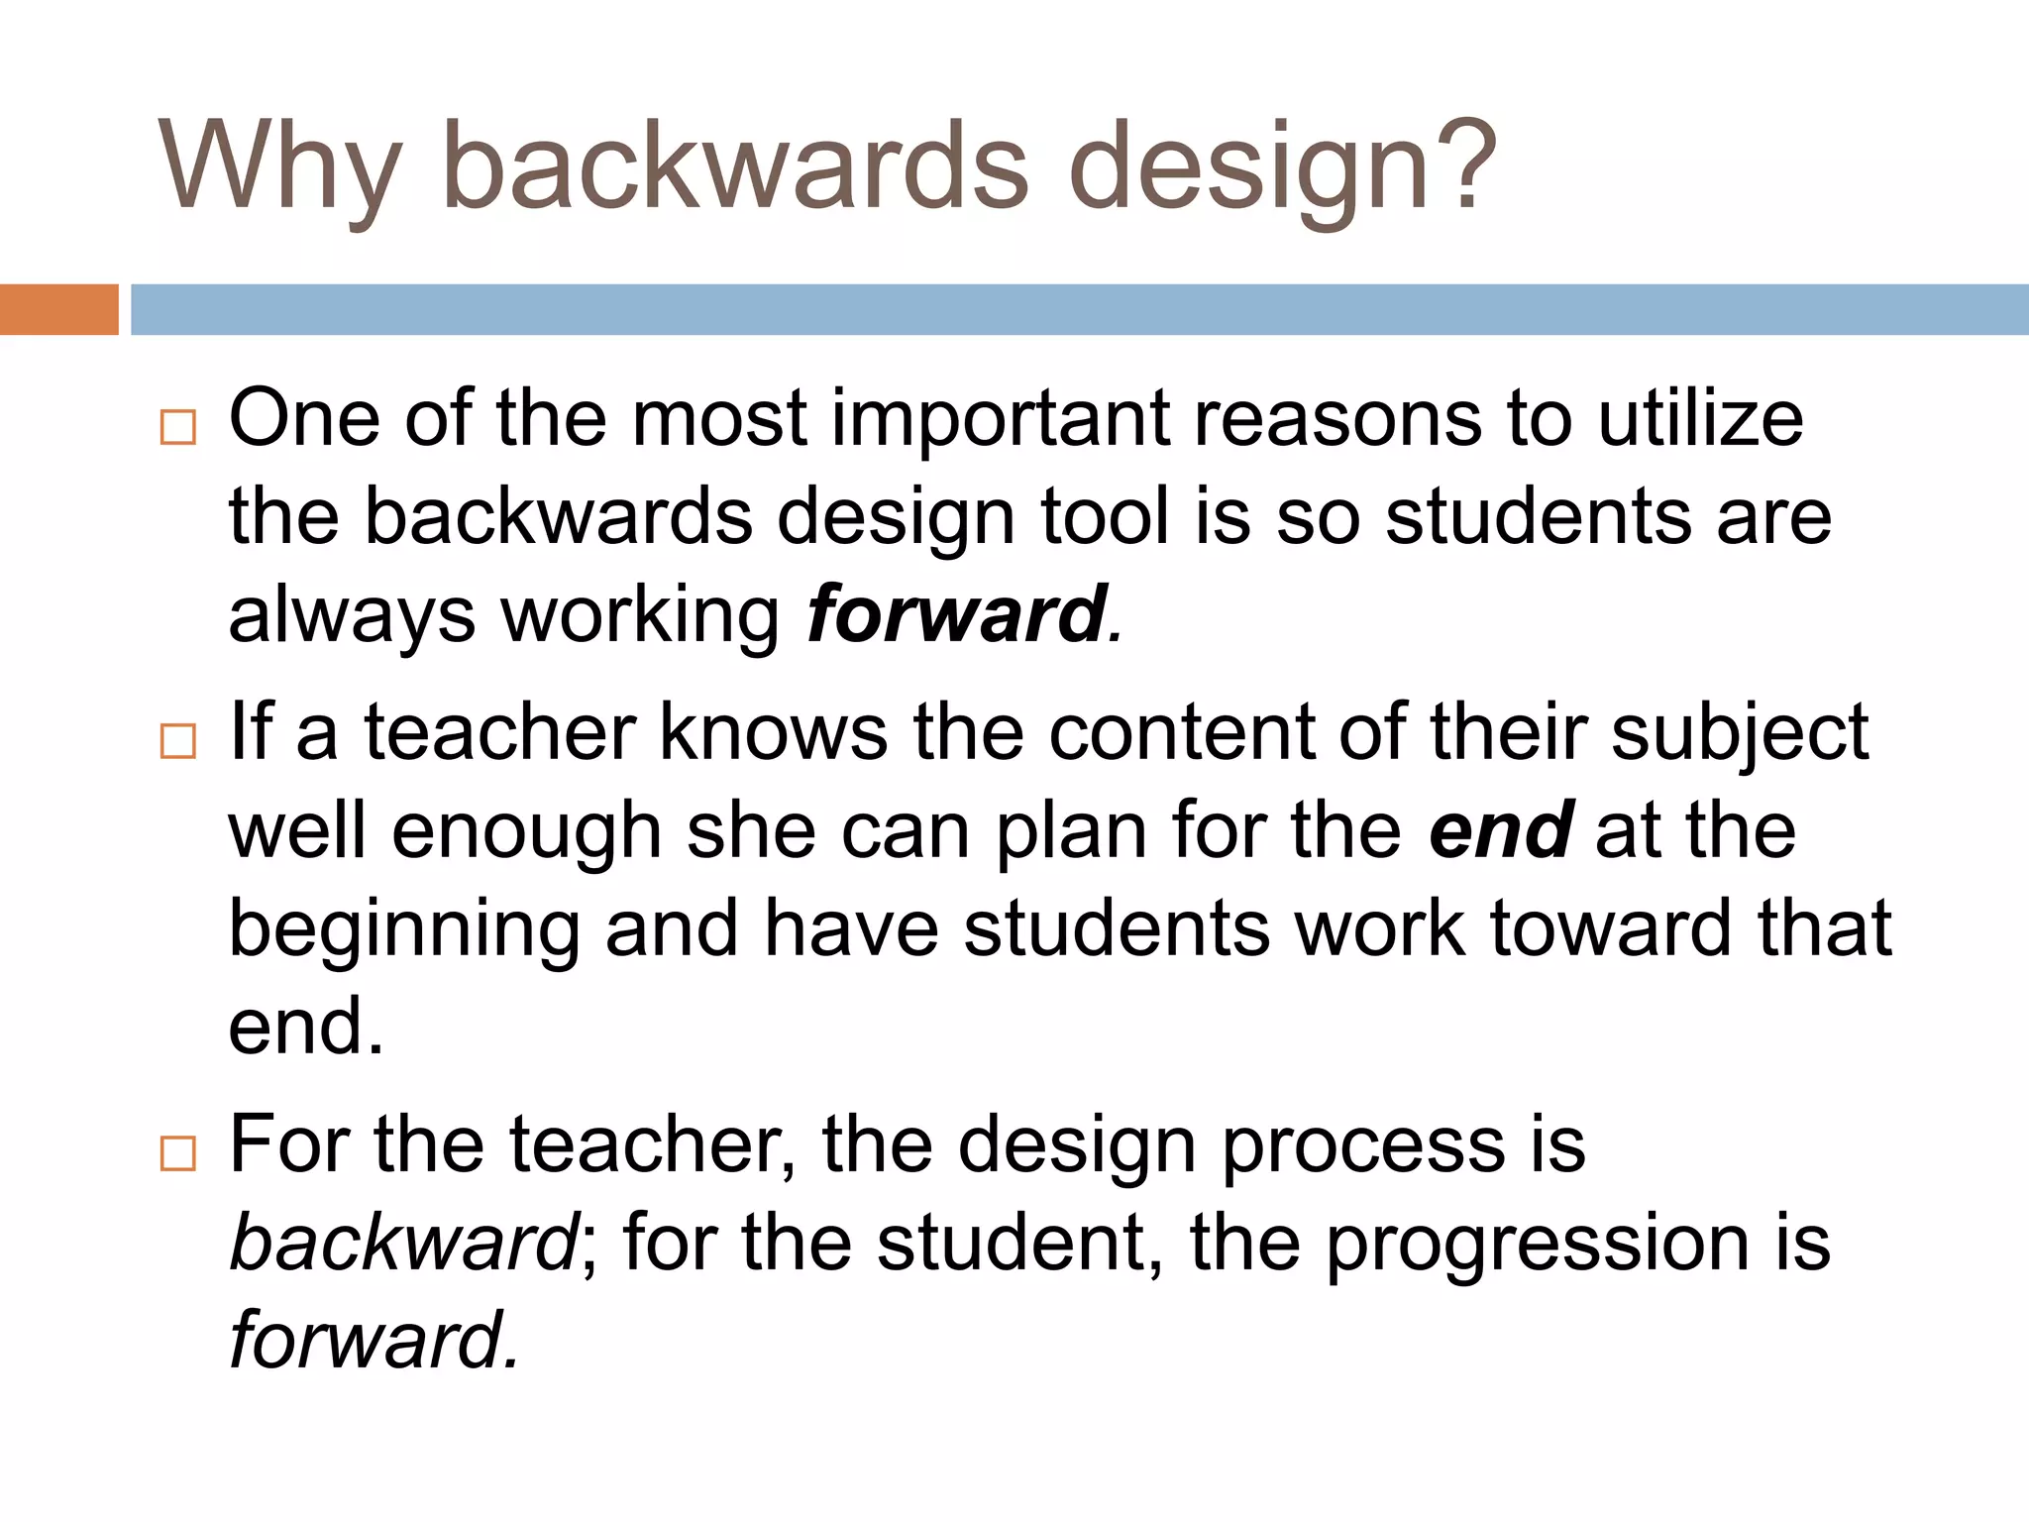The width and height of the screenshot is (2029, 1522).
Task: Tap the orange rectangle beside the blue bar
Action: click(x=58, y=309)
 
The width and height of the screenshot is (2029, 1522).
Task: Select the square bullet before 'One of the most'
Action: click(x=177, y=427)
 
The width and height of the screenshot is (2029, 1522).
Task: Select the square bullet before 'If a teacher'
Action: click(x=177, y=740)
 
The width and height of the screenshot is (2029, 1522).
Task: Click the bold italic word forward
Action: click(x=956, y=614)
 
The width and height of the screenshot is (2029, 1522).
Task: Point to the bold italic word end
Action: click(x=1500, y=829)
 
